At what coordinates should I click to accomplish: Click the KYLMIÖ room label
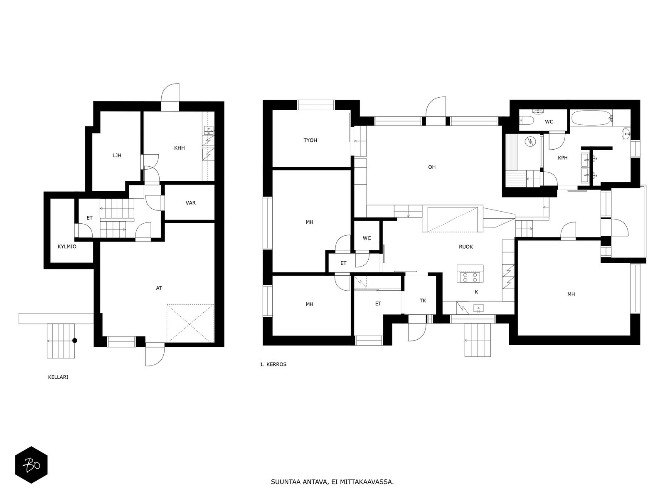tap(67, 247)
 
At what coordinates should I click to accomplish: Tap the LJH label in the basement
tap(117, 156)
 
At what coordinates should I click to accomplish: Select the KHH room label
tap(180, 148)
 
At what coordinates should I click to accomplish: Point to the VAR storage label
tap(190, 203)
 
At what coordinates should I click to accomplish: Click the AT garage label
tap(159, 288)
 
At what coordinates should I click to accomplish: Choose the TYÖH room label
tap(310, 140)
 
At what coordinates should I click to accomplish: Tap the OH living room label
tap(432, 167)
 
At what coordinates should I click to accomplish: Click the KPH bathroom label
tap(563, 158)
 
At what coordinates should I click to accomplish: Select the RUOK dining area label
tap(466, 247)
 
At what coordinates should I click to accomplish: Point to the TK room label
tap(423, 301)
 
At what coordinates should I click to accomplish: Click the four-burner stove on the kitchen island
tap(470, 277)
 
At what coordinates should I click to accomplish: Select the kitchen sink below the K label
tap(478, 309)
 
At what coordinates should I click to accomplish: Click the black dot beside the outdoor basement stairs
tap(75, 341)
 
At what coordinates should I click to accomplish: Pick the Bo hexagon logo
tap(31, 465)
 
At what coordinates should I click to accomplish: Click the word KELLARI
tap(58, 377)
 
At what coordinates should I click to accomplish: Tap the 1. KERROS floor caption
tap(273, 364)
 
